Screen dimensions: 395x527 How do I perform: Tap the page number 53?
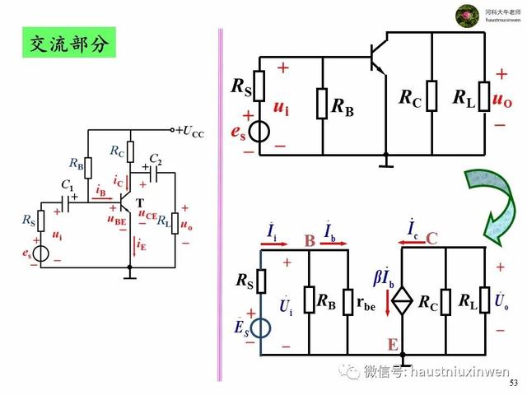coord(515,383)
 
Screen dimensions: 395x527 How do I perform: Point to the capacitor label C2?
coord(155,159)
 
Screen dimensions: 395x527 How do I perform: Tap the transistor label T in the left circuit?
coord(139,203)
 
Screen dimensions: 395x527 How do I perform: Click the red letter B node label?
coord(310,241)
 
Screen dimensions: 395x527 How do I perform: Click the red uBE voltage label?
coord(116,219)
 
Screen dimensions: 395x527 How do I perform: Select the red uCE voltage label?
coord(147,216)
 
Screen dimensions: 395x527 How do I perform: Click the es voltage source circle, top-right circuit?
coord(259,132)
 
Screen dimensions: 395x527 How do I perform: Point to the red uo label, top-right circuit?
coord(501,100)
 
